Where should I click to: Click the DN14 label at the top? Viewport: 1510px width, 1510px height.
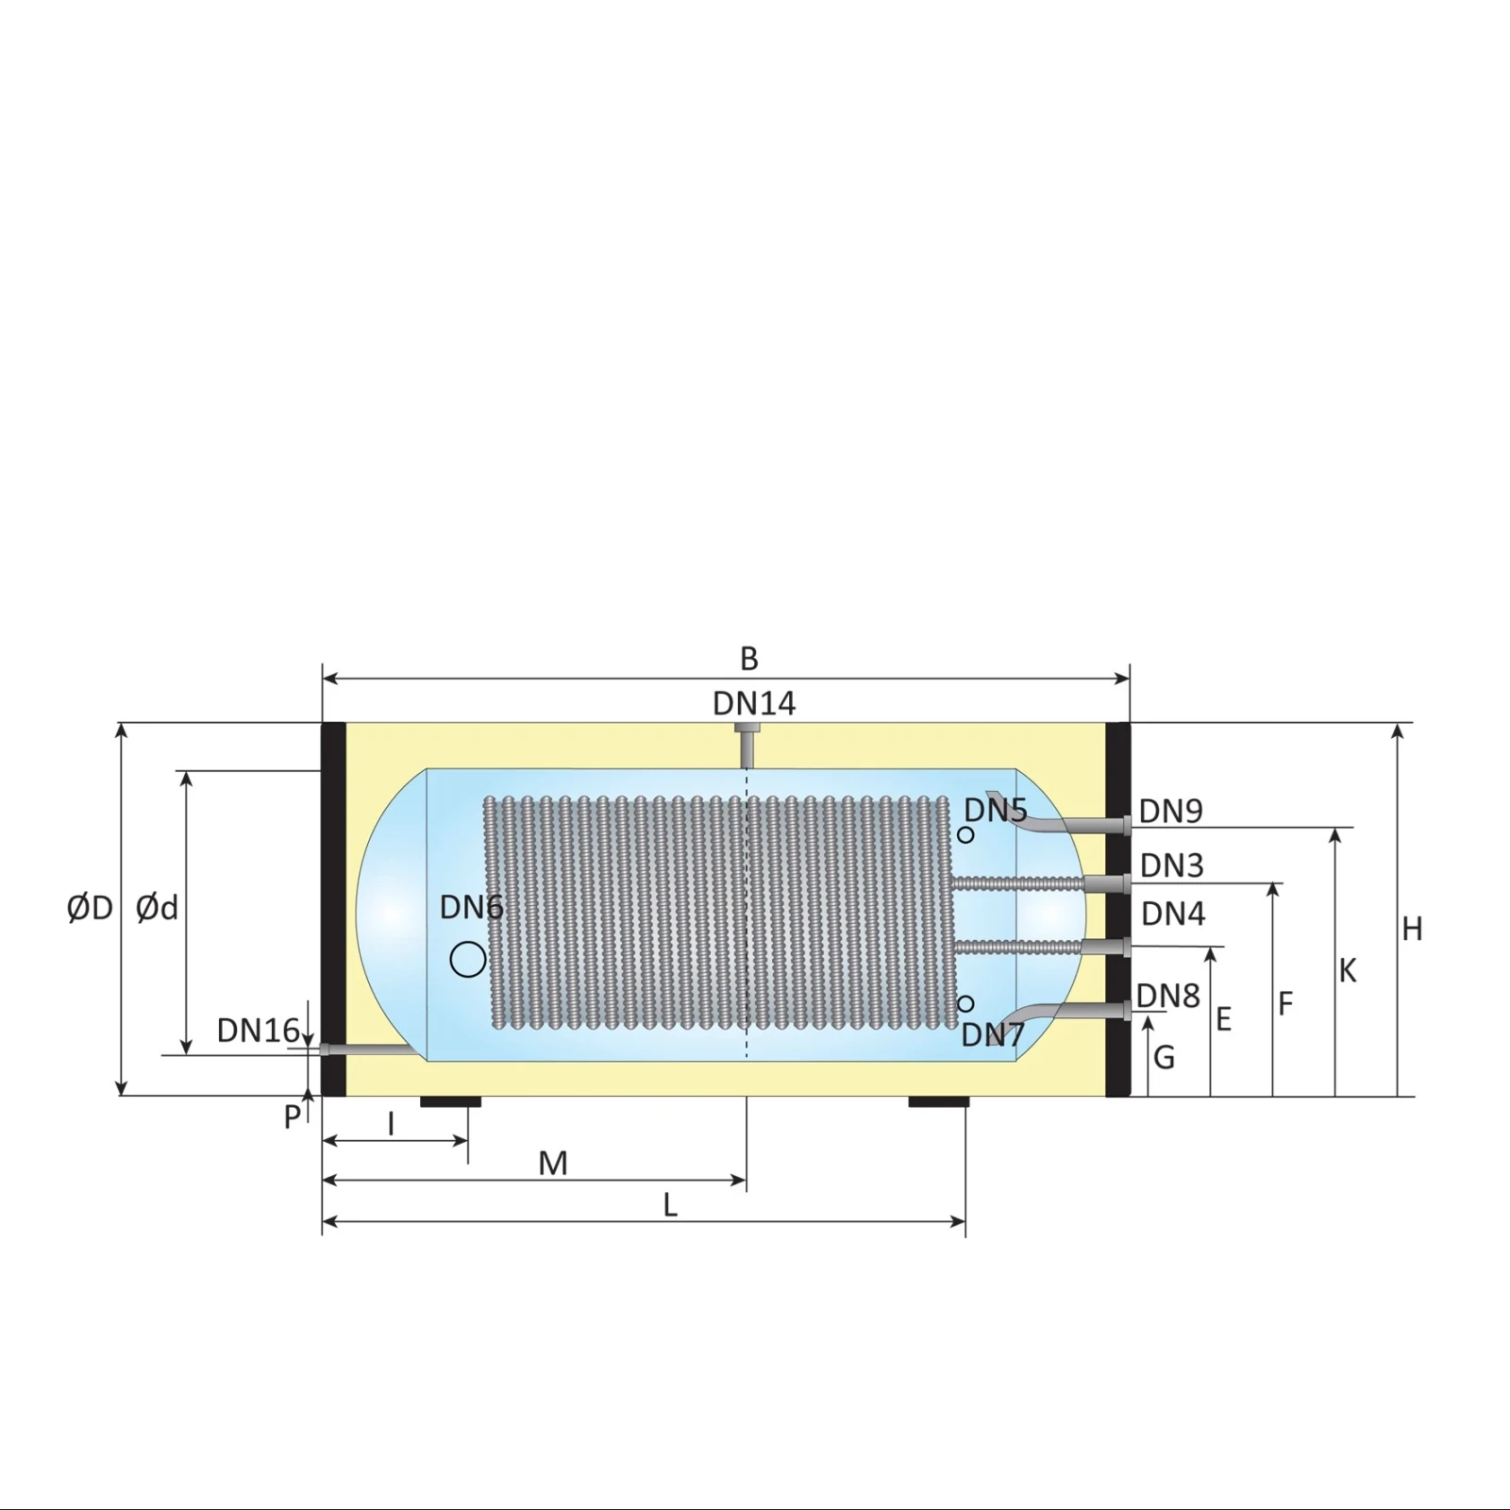tap(753, 703)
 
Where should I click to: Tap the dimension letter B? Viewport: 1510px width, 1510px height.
tap(748, 659)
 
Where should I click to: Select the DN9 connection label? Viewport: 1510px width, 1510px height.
tap(1170, 811)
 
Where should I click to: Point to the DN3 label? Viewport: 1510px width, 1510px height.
tap(1171, 865)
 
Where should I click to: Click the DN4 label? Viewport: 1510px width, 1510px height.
tap(1173, 914)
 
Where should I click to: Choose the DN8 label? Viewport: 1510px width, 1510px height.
tap(1167, 996)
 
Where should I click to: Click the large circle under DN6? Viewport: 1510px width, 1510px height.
tap(468, 959)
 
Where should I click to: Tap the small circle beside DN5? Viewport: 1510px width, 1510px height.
tap(965, 835)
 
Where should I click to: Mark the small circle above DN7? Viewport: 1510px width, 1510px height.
tap(965, 1003)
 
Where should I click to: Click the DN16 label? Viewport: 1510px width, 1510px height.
tap(258, 1031)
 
